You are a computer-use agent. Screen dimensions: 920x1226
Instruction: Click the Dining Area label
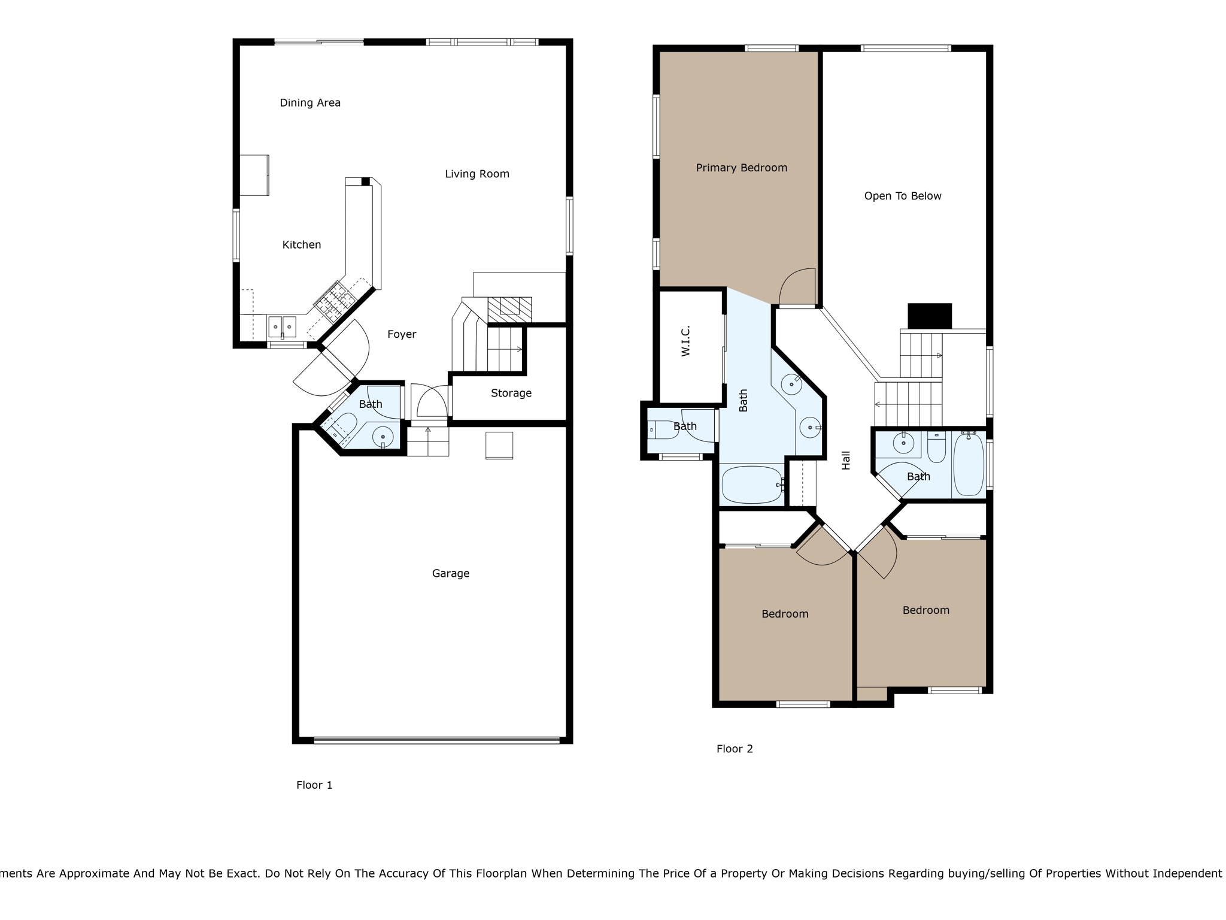coord(310,103)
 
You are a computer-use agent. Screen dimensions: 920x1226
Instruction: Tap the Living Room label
coord(477,174)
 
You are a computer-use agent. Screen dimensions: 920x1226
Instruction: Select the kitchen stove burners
coord(333,300)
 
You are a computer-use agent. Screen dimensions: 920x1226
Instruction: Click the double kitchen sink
coord(282,327)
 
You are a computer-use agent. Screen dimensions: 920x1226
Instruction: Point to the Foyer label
coord(402,335)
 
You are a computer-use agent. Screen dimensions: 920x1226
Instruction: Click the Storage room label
coord(511,394)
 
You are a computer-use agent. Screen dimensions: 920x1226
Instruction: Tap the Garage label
coord(451,574)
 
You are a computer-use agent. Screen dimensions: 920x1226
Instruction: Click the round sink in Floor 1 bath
coord(383,437)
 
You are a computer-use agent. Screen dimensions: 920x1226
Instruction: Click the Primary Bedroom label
coord(741,168)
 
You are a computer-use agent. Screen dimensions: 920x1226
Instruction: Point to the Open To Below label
coord(903,196)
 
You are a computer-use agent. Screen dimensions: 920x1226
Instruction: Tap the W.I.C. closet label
coord(686,341)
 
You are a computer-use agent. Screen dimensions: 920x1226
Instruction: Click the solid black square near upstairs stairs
coord(930,316)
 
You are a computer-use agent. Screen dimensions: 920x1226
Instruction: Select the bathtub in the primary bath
coord(752,485)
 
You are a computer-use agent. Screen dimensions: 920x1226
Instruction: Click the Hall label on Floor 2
coord(846,461)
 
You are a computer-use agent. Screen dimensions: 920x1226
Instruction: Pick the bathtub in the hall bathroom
coord(968,465)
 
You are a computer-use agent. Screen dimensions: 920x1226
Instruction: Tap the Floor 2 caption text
coord(735,749)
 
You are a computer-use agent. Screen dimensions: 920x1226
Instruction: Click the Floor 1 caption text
coord(314,785)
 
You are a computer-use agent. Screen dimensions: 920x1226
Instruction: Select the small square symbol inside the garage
coord(499,445)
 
